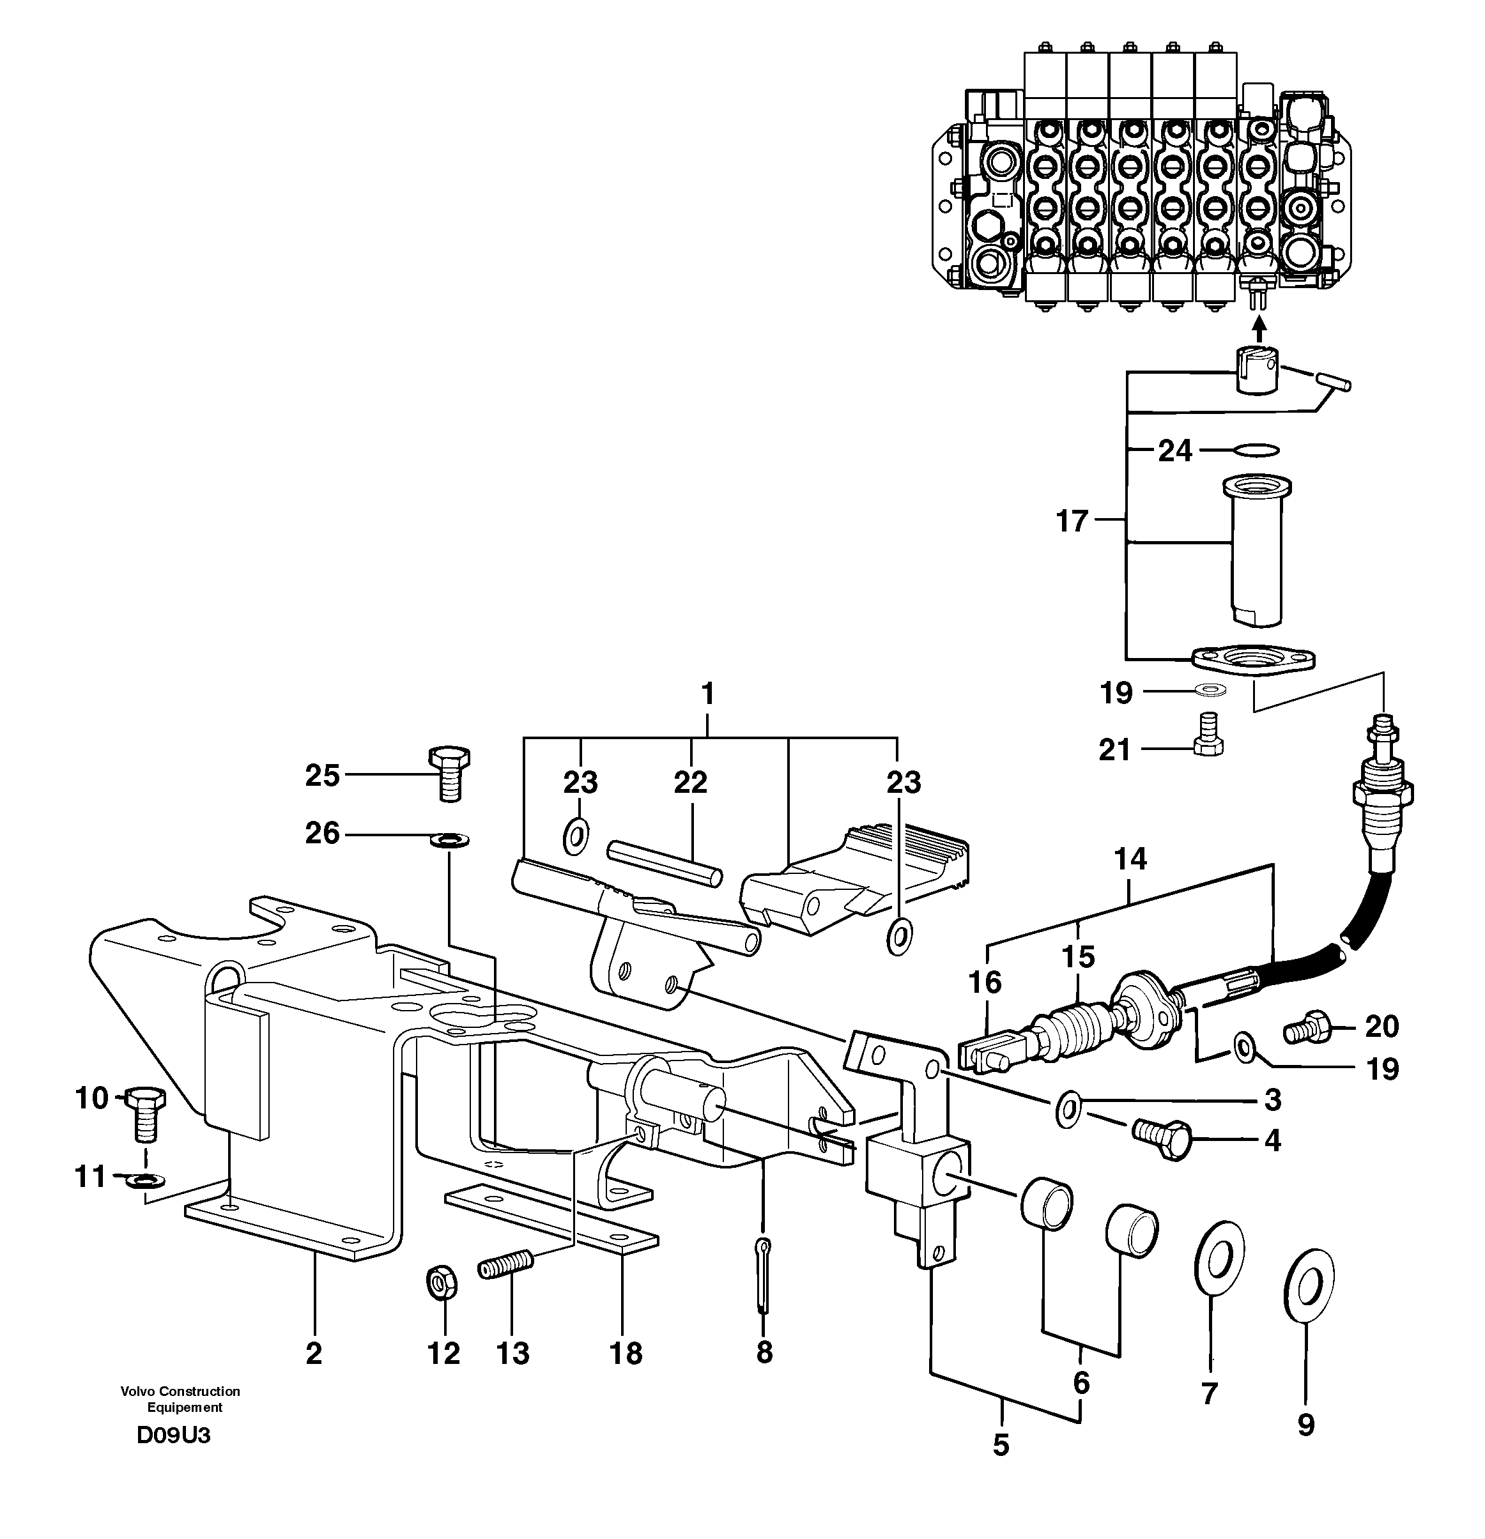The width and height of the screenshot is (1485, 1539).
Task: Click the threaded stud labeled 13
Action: (x=505, y=1265)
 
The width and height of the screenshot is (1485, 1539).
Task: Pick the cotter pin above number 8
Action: (x=764, y=1273)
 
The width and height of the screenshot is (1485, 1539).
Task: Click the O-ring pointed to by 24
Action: (x=1256, y=450)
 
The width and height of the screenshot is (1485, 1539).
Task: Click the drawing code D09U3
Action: (x=174, y=1435)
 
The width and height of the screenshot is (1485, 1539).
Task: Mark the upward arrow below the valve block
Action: (x=1259, y=328)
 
